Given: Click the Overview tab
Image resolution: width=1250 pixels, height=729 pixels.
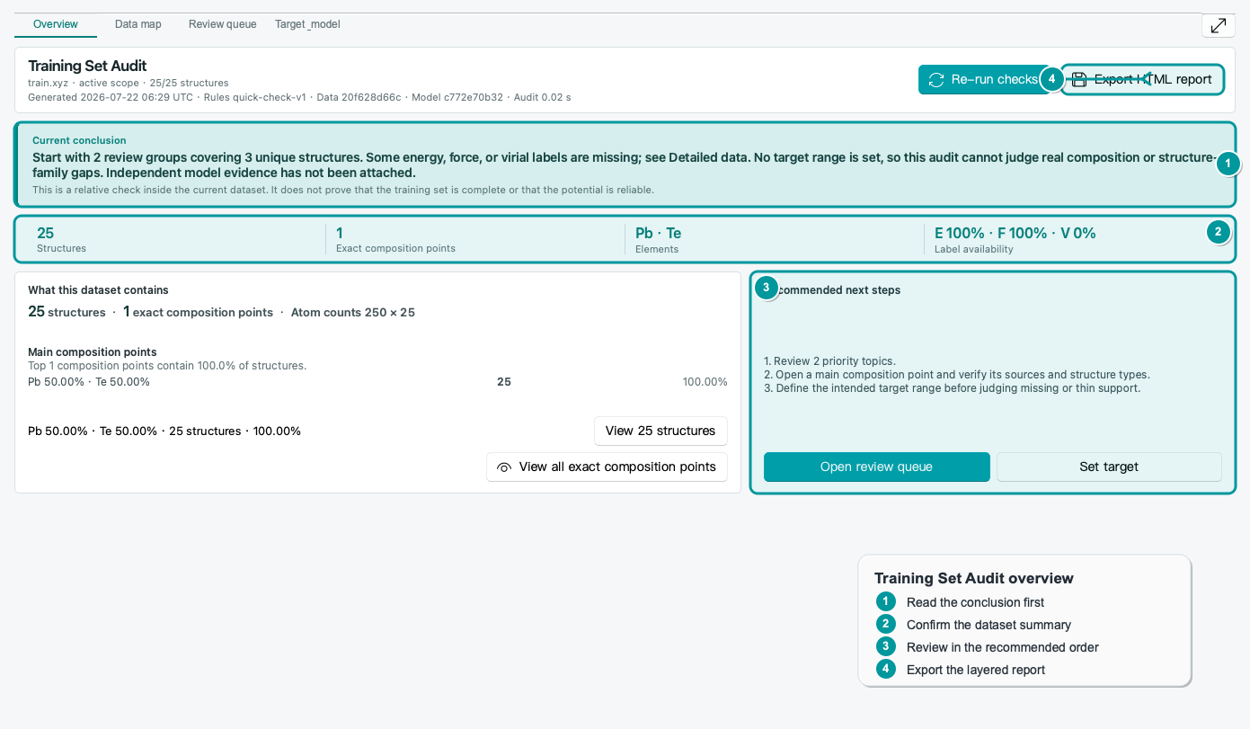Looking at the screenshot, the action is [55, 24].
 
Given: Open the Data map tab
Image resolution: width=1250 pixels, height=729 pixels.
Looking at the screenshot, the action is [137, 24].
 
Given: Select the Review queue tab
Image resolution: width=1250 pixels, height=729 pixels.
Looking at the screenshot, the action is [222, 24].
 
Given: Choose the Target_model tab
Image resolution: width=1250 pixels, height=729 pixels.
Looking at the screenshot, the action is [307, 24].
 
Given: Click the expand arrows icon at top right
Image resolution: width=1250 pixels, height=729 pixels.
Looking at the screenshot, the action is [1219, 25].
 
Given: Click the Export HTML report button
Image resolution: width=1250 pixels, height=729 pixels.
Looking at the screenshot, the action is [1142, 79].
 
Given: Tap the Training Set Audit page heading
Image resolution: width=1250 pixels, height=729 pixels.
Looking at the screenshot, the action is [87, 66].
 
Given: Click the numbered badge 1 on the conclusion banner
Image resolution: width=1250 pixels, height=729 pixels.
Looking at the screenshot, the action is [1228, 164].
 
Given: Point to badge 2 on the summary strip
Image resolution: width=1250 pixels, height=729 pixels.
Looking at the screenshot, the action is [1218, 232].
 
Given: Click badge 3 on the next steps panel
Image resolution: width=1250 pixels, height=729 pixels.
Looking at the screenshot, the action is [767, 288].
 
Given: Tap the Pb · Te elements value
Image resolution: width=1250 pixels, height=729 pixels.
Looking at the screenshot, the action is [658, 233].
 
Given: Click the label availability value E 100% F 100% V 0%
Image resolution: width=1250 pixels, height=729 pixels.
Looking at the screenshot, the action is [1015, 233].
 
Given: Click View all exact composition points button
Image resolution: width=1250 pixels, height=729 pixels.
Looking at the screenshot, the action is [607, 467].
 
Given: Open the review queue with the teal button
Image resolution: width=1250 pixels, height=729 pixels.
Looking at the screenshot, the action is [877, 467].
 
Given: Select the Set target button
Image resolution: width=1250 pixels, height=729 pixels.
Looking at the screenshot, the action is [1109, 467].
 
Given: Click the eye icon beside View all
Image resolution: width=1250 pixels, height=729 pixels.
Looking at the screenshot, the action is [504, 467].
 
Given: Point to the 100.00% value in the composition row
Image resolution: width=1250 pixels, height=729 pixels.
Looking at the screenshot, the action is [705, 382].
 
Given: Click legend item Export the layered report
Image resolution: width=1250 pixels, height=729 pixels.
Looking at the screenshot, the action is [975, 670].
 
